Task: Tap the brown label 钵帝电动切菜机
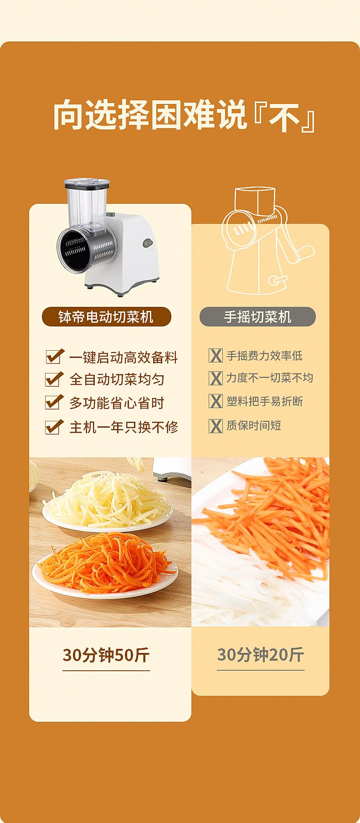(x=106, y=316)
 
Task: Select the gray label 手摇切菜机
(x=257, y=316)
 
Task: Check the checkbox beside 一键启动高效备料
(x=54, y=357)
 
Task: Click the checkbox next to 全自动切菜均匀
(x=54, y=379)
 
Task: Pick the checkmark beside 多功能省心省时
(x=54, y=402)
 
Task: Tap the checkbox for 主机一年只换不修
(x=54, y=427)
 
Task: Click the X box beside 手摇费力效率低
(x=216, y=356)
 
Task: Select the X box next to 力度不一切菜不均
(x=216, y=378)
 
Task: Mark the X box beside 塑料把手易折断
(x=216, y=401)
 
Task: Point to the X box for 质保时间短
(x=216, y=426)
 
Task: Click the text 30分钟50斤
(x=106, y=655)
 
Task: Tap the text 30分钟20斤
(x=260, y=655)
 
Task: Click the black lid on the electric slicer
(x=87, y=183)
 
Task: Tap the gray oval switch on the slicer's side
(x=147, y=243)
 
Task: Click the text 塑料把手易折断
(x=264, y=401)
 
